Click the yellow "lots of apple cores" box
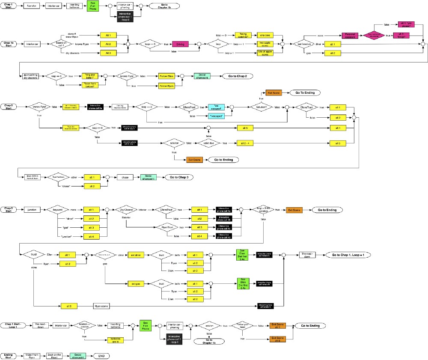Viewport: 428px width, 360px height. [265, 53]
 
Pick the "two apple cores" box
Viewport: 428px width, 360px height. [265, 44]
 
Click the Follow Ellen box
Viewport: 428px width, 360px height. [167, 76]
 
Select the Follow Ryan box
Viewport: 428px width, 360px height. [167, 86]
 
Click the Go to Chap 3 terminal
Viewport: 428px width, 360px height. [179, 177]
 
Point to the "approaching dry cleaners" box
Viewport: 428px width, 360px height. [30, 76]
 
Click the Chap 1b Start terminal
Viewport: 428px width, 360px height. [9, 44]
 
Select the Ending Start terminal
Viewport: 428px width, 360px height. [8, 356]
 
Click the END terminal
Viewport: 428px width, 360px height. [101, 356]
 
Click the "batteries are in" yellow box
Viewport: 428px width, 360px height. [118, 339]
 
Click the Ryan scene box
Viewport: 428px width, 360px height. [102, 306]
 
